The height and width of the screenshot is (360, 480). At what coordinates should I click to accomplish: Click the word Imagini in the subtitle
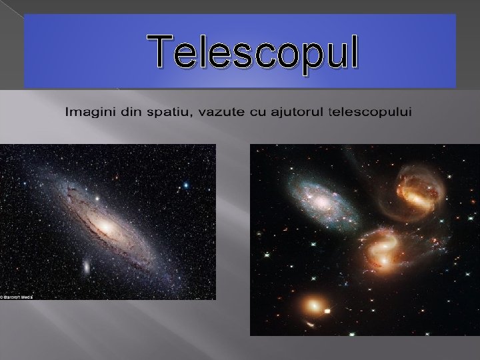click(86, 111)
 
